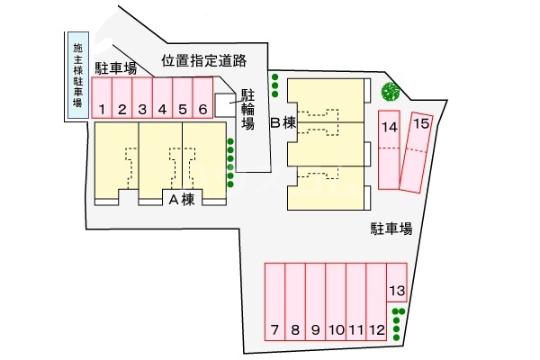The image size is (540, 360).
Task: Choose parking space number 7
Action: (274, 302)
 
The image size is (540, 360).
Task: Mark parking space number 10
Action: (336, 302)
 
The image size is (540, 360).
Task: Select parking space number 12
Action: (315, 302)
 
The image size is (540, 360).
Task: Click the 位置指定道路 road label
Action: (204, 61)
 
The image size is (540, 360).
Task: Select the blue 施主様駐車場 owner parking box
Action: (77, 76)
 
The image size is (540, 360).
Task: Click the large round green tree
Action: (391, 91)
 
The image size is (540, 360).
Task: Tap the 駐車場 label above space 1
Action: (116, 67)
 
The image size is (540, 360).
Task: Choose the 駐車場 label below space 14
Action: (390, 229)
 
